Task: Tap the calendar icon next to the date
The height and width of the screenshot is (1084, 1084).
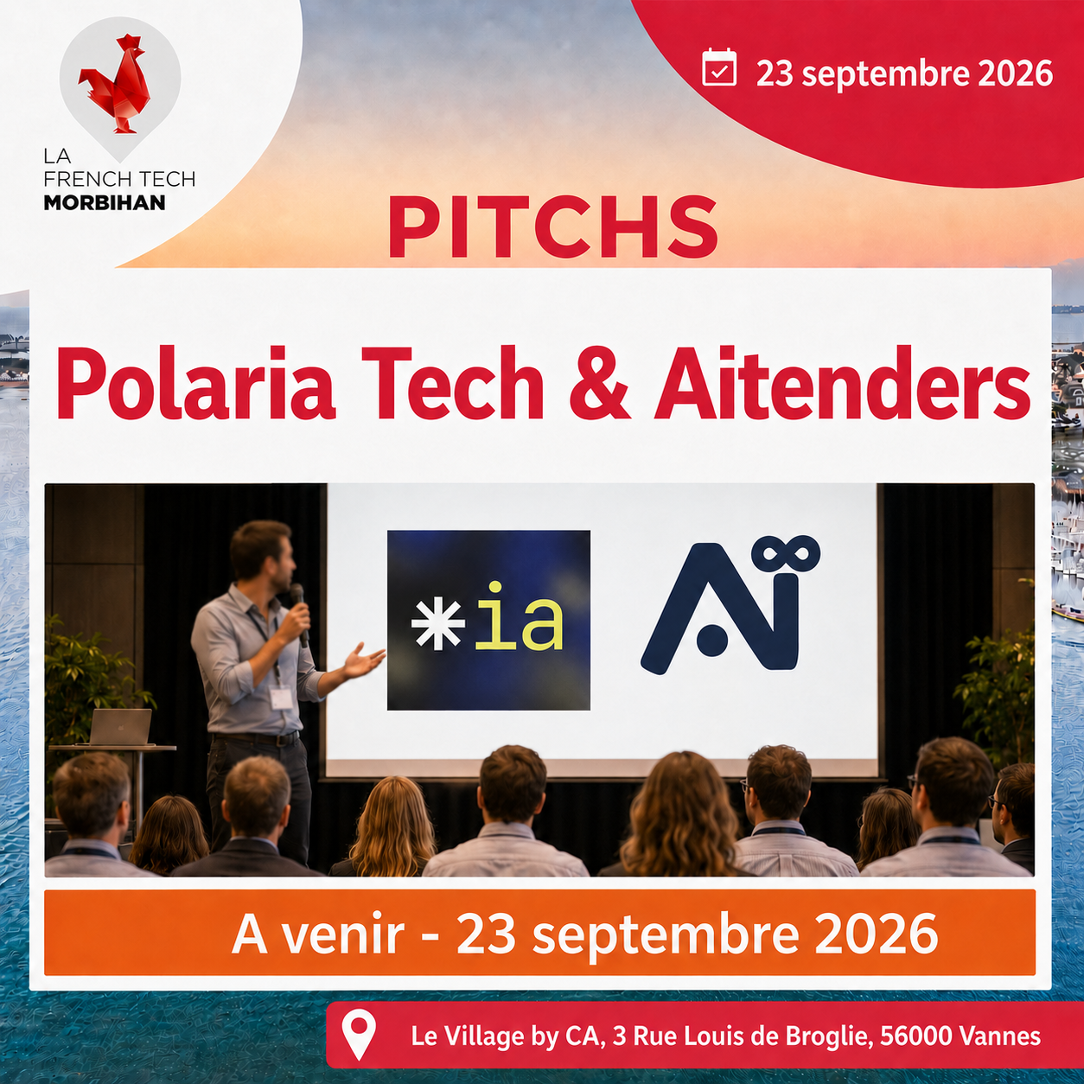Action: coord(719,67)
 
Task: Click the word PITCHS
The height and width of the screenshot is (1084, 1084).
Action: coord(553,226)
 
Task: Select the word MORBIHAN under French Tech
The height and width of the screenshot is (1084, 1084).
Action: coord(105,202)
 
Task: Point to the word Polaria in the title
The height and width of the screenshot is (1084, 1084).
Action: coord(195,382)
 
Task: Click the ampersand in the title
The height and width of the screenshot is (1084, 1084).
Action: coord(599,383)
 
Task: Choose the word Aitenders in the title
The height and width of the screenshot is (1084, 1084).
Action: coord(842,382)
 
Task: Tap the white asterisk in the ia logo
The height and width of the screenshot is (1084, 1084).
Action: coord(437,622)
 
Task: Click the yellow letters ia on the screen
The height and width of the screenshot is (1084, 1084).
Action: coord(518,616)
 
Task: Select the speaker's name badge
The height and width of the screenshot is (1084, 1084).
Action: coord(281,698)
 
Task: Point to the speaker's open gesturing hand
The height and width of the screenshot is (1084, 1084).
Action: coord(363,660)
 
